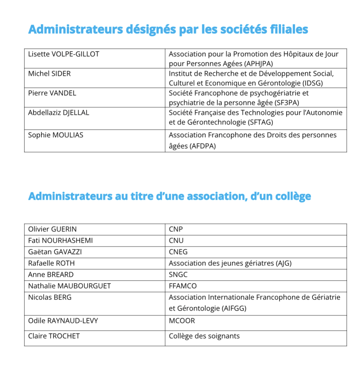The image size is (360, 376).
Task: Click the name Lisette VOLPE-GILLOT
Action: [64, 54]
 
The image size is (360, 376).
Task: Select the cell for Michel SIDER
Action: [49, 74]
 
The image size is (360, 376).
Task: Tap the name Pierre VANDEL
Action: [52, 93]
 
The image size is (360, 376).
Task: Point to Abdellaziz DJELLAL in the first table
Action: [59, 113]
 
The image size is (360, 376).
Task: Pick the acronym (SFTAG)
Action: [260, 122]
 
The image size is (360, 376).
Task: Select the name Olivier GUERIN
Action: [52, 229]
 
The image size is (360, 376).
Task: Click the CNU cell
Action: [176, 241]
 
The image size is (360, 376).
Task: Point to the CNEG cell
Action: [178, 252]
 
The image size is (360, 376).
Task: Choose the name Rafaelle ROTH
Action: [51, 263]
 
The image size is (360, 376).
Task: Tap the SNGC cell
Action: [178, 274]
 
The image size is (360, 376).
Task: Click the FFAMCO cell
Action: [182, 286]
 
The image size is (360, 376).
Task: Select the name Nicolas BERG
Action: [50, 297]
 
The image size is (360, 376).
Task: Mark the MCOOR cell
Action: [182, 321]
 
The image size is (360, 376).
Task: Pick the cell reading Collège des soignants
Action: [204, 336]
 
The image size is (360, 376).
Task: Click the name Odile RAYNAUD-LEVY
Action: [63, 321]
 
